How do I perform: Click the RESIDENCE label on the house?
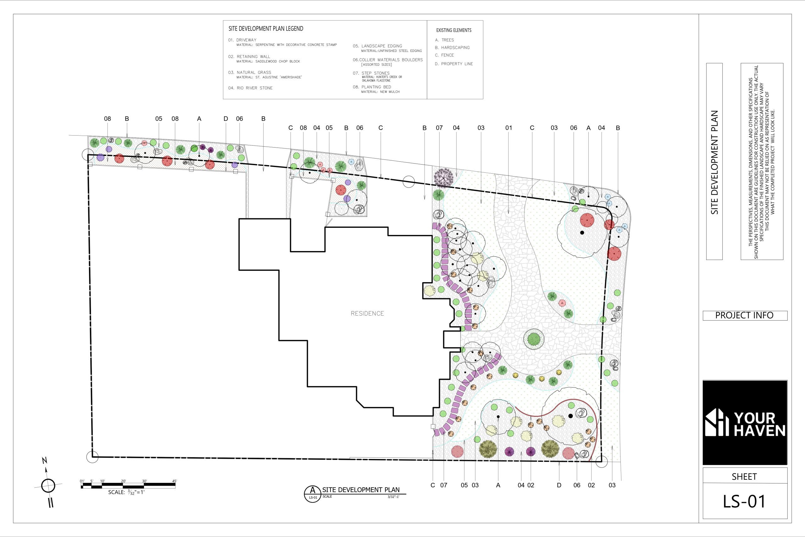point(367,313)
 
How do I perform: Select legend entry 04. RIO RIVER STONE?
point(251,88)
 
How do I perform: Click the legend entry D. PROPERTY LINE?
point(454,64)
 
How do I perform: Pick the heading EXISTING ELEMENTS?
point(454,30)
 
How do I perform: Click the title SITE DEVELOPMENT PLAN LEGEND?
point(266,29)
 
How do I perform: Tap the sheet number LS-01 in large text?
point(744,501)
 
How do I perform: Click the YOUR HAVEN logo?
point(745,422)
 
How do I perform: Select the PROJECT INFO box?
point(745,316)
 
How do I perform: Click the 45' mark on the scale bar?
point(175,481)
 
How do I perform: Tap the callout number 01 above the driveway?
point(508,128)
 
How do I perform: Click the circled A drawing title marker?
point(312,494)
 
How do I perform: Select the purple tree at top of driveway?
point(444,177)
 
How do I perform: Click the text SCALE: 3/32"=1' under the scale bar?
point(126,492)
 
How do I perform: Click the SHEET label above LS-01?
point(744,477)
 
